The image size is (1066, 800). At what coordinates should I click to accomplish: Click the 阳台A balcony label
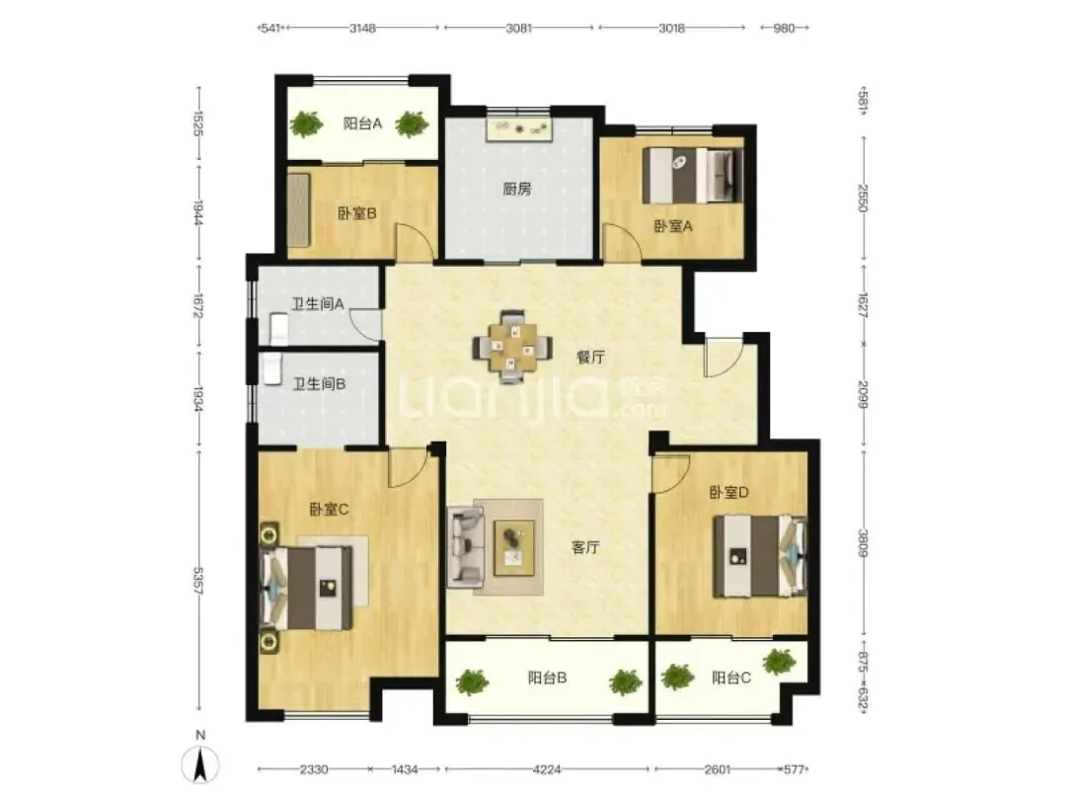362,123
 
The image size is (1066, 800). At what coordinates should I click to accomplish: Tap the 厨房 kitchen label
517,189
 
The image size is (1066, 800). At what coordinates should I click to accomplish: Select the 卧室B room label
357,213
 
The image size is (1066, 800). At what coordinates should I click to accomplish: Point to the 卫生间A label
318,304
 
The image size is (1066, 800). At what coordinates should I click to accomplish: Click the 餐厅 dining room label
590,358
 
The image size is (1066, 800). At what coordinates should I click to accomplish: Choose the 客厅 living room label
585,547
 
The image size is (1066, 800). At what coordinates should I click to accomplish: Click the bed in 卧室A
692,176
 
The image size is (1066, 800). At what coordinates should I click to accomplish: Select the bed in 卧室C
307,588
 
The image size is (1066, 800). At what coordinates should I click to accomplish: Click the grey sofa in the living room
465,547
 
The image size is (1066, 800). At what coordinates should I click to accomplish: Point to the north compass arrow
200,764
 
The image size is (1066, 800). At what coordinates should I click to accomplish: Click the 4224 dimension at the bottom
547,769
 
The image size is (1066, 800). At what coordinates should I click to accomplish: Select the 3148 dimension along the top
362,28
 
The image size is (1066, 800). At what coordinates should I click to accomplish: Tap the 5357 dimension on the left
198,581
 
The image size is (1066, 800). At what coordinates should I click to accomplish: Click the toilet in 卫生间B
272,368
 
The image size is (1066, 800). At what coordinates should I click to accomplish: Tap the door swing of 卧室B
416,242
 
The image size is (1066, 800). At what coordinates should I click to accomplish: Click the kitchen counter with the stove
519,129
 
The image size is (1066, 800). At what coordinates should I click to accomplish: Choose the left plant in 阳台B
472,681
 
